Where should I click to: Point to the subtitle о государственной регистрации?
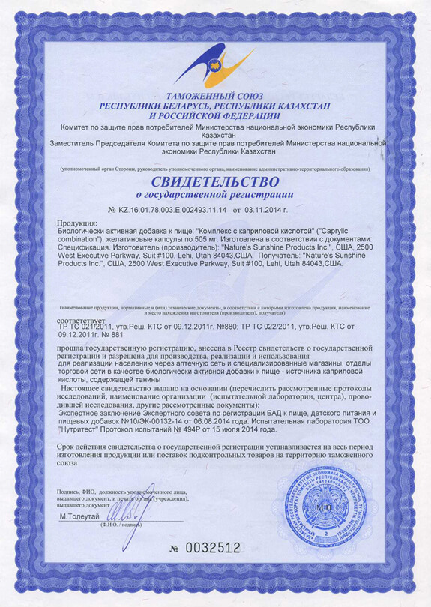215,196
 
